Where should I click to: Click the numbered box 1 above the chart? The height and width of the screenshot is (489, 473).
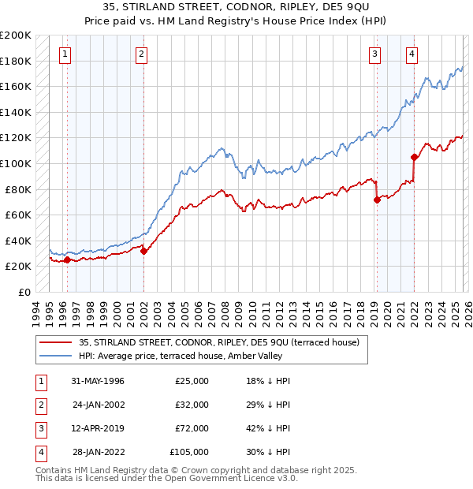pyautogui.click(x=65, y=54)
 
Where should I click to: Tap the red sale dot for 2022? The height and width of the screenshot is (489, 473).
pyautogui.click(x=414, y=157)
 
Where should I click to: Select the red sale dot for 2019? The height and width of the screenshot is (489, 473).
pyautogui.click(x=377, y=200)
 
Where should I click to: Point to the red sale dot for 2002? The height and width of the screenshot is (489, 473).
pyautogui.click(x=144, y=251)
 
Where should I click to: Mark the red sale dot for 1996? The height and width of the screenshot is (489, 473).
pyautogui.click(x=67, y=259)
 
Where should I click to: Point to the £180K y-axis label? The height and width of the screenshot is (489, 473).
pyautogui.click(x=16, y=61)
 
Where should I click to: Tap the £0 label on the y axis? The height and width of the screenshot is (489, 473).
pyautogui.click(x=24, y=292)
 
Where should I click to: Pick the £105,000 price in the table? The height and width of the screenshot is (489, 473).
pyautogui.click(x=189, y=452)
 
